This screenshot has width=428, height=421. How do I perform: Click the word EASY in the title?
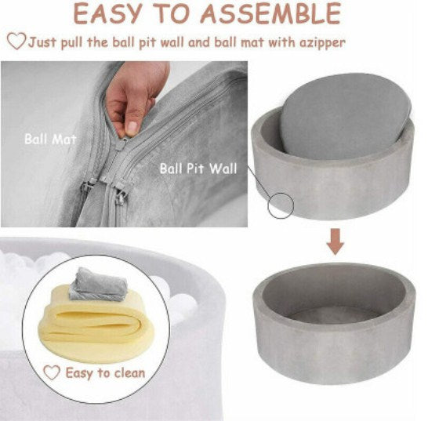(108, 13)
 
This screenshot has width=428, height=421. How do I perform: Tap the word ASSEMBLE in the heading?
(270, 13)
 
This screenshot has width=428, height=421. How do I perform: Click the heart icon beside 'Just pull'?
(16, 41)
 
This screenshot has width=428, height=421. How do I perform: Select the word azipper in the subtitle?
(322, 43)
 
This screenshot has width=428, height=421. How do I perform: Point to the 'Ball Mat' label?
(50, 140)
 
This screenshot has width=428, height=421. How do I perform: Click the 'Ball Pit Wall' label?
(198, 169)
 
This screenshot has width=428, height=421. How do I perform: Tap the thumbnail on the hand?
(132, 128)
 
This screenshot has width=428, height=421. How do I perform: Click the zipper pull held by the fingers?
(122, 143)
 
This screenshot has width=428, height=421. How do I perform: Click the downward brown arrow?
(336, 242)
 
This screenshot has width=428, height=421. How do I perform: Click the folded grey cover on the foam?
(99, 285)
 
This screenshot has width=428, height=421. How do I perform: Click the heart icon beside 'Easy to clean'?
(52, 372)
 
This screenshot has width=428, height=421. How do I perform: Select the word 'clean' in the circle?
(129, 373)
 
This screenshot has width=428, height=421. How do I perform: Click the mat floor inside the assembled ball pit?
(334, 315)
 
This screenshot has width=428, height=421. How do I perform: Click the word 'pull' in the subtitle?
(71, 43)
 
